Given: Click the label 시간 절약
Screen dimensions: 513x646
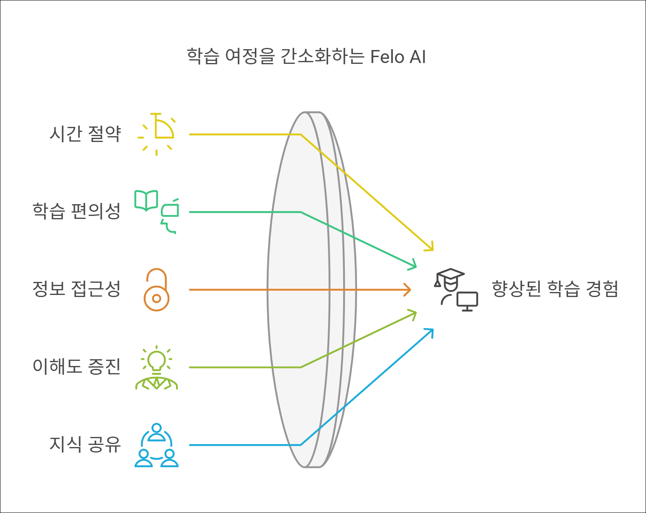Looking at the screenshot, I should [85, 134].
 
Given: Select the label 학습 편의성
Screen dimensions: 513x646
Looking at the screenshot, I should [76, 211].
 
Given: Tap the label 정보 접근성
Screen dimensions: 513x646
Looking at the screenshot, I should [76, 289].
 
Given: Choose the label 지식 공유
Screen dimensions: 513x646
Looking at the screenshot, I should [85, 445].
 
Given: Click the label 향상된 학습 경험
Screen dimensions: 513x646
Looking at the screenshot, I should [555, 289].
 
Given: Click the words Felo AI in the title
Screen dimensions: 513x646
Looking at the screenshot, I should [398, 57].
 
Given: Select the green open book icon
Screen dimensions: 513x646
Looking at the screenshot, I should [146, 200].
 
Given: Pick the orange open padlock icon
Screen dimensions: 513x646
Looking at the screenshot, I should [157, 290].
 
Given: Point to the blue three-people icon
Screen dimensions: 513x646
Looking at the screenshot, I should [157, 445].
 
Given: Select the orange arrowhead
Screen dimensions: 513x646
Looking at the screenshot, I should [407, 289].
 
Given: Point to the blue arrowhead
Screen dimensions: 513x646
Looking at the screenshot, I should [430, 331].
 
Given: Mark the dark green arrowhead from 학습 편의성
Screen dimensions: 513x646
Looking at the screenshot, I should [413, 265].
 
